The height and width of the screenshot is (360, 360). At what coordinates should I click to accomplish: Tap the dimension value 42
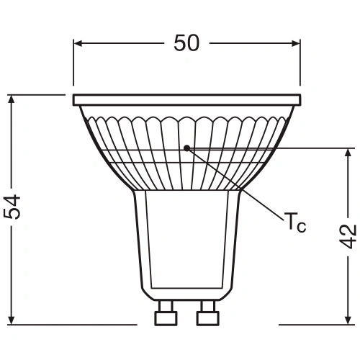(348, 236)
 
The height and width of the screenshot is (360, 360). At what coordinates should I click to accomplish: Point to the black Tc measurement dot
(186, 148)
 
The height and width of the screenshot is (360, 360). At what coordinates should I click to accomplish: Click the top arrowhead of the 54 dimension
(12, 99)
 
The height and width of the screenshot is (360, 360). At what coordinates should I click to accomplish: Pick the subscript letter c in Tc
(301, 228)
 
